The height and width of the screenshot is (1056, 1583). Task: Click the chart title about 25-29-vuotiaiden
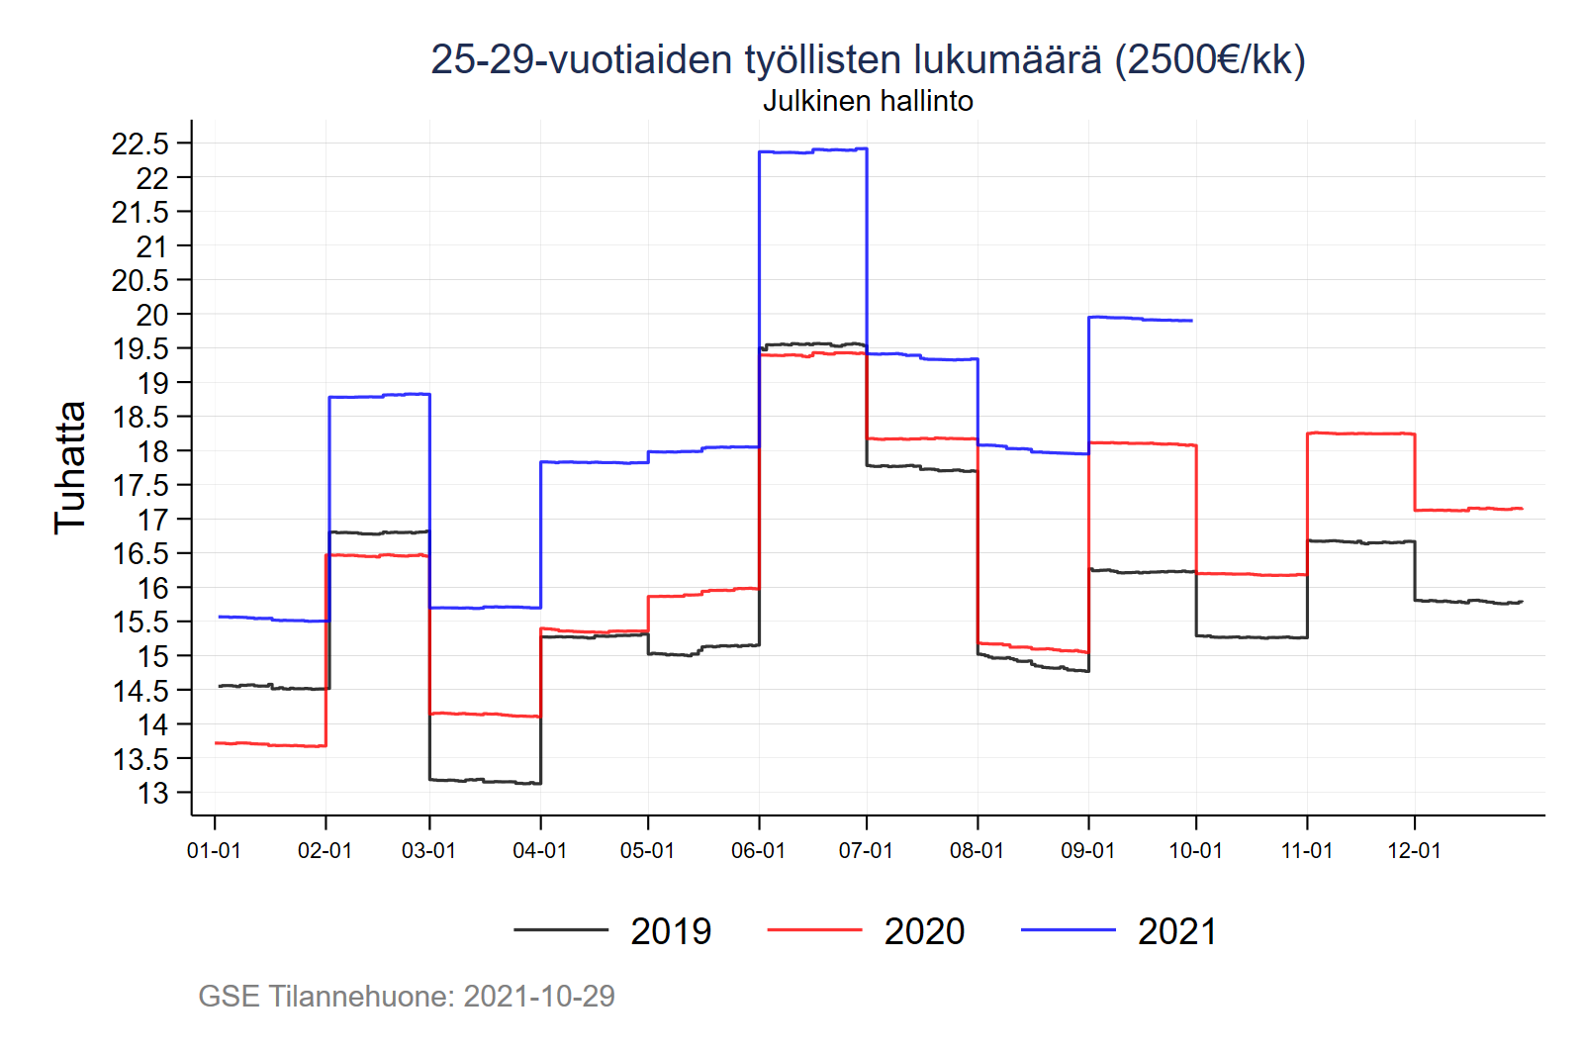tap(868, 59)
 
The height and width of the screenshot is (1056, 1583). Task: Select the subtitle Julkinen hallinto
tap(868, 101)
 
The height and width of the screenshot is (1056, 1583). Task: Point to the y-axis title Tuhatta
tap(70, 467)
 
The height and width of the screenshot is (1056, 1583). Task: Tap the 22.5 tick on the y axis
tap(140, 144)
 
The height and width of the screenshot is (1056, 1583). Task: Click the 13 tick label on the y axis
tap(153, 794)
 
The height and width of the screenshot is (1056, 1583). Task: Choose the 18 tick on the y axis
tap(153, 451)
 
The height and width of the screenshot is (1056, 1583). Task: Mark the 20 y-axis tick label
tap(153, 315)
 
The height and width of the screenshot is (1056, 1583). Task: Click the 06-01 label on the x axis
tap(758, 851)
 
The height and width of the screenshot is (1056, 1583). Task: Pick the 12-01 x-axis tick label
tap(1414, 851)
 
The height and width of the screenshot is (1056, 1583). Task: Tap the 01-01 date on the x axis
tap(214, 851)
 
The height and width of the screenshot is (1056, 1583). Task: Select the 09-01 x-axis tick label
tap(1087, 851)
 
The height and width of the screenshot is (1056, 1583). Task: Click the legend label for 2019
tap(671, 931)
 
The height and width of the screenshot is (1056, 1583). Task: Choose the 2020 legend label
tap(924, 931)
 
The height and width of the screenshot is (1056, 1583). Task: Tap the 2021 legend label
tap(1177, 931)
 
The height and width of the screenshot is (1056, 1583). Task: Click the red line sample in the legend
tap(814, 930)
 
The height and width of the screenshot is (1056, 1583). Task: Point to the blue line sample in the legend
tap(1068, 930)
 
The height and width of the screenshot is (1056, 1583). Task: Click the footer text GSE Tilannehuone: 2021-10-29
tap(407, 996)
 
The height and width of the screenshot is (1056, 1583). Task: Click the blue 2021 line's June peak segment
tap(812, 150)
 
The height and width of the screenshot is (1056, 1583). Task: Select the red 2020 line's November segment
tap(1360, 433)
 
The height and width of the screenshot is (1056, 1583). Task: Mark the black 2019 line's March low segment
tap(485, 781)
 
